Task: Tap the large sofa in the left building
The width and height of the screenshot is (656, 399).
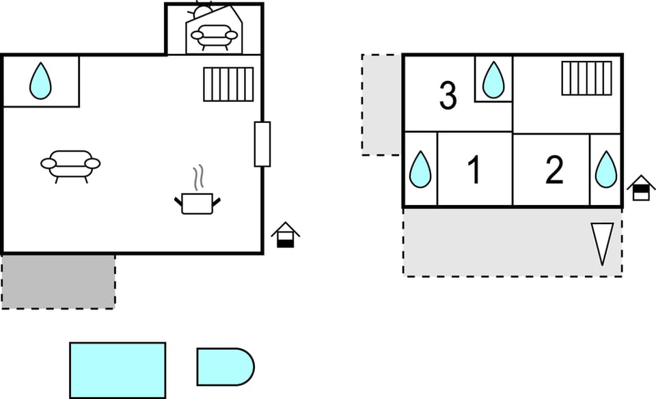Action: (x=70, y=166)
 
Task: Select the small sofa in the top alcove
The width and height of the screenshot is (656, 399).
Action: (x=214, y=37)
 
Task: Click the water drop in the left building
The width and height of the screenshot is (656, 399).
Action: (x=40, y=81)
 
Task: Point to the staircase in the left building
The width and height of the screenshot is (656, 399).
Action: (x=228, y=85)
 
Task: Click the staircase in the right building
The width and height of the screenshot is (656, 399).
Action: (x=586, y=78)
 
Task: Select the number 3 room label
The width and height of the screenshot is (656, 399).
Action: (x=448, y=96)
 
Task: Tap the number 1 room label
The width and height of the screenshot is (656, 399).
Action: (x=474, y=169)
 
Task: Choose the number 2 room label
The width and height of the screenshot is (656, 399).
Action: (x=554, y=169)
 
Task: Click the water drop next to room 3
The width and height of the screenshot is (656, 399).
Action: (x=493, y=80)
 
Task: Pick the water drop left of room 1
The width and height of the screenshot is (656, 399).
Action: (x=420, y=169)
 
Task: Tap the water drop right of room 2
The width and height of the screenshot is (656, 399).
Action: (x=606, y=169)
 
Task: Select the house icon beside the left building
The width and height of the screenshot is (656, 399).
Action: (x=286, y=234)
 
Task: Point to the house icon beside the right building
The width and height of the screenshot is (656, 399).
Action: (x=641, y=188)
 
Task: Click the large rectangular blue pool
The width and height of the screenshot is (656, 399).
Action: (x=118, y=370)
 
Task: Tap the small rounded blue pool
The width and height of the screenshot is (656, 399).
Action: (x=225, y=367)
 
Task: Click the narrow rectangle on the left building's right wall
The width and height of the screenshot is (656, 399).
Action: (x=262, y=144)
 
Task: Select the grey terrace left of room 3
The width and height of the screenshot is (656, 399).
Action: (x=381, y=105)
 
